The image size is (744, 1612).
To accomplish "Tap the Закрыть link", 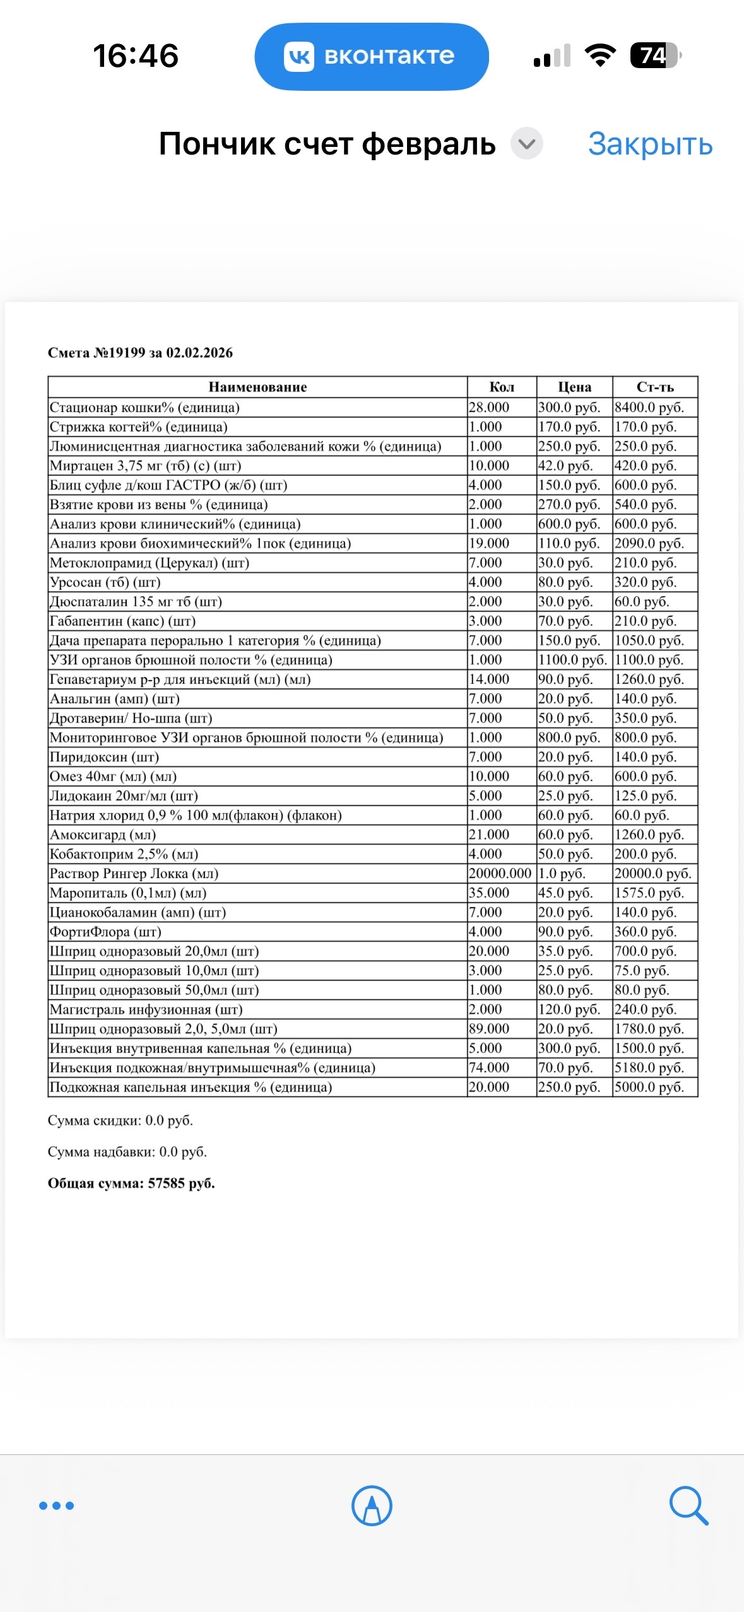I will (650, 144).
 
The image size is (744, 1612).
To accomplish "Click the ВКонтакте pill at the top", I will (372, 57).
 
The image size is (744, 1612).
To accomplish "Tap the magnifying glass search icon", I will (688, 1505).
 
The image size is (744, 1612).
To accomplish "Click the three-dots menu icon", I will (57, 1505).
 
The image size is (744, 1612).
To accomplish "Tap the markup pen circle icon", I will (372, 1505).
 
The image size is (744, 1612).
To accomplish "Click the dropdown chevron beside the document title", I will (527, 144).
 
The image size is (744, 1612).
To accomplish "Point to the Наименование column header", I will (257, 387).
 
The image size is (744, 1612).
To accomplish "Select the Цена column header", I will (574, 387).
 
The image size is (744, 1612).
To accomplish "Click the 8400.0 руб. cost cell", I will (649, 407).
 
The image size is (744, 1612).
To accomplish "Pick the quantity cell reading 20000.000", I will (500, 873).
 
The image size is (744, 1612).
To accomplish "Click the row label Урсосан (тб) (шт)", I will (105, 582).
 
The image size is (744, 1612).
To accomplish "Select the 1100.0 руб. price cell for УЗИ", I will (573, 660).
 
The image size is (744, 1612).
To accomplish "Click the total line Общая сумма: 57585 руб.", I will (131, 1184).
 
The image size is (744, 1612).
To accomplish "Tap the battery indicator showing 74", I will (655, 55).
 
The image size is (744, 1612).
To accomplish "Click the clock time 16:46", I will (136, 55).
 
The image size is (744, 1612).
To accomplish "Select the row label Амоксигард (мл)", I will (103, 834).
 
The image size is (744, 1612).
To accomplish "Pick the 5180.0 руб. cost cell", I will (649, 1068).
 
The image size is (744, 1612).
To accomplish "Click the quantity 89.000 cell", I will (489, 1029).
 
